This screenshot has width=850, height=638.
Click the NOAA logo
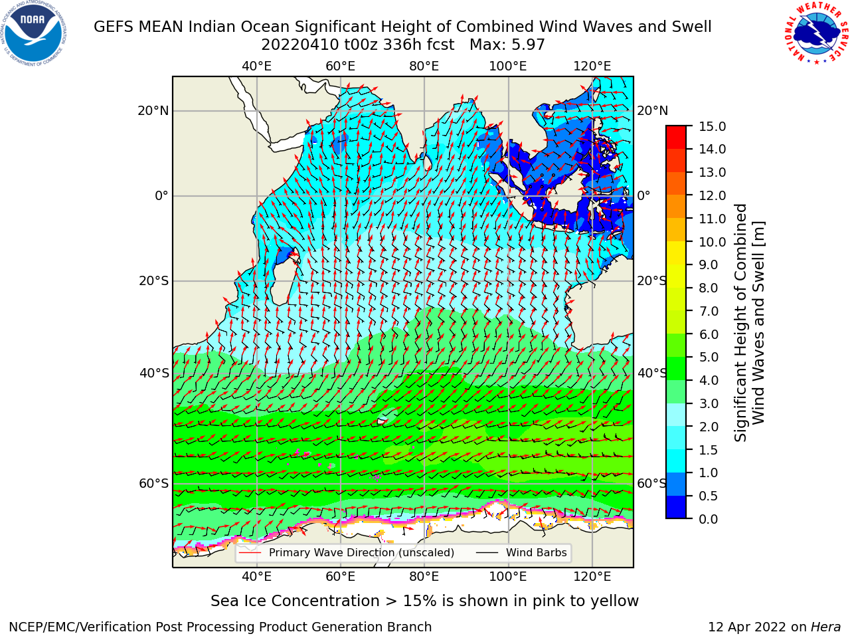[34, 33]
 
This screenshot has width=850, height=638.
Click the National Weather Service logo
[816, 33]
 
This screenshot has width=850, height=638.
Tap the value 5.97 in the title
[527, 45]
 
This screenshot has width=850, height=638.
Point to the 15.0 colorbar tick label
[712, 126]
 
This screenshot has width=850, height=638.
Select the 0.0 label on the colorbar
[709, 519]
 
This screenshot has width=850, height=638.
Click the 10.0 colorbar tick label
[712, 242]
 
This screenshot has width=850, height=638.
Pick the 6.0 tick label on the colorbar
[709, 334]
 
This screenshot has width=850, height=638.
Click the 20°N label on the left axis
[153, 111]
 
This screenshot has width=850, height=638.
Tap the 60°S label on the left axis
[154, 484]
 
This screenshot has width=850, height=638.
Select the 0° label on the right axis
[643, 195]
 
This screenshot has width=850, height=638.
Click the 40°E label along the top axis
[257, 66]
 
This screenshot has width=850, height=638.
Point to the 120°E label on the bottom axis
[592, 577]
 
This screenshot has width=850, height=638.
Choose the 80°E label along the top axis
[424, 66]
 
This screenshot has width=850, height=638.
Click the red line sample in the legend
[250, 553]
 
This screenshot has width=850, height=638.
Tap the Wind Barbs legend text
[537, 553]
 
